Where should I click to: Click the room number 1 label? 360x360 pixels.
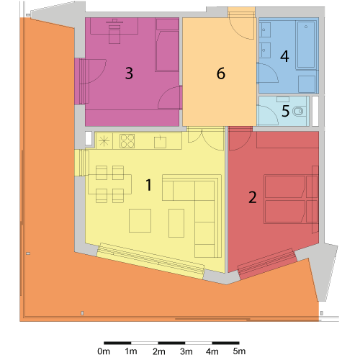click(x=149, y=185)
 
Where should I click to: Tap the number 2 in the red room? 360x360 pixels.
click(x=253, y=197)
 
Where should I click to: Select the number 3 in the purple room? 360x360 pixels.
click(x=129, y=73)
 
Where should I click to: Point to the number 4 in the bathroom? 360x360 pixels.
click(x=284, y=56)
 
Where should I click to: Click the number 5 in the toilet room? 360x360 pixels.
click(x=285, y=111)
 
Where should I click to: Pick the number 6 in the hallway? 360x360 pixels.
click(x=221, y=73)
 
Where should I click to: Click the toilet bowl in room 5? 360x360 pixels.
click(x=298, y=112)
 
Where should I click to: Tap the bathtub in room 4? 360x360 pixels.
click(x=306, y=45)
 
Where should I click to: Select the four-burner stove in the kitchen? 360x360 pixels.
click(x=127, y=141)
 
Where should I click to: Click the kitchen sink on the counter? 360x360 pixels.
click(x=160, y=142)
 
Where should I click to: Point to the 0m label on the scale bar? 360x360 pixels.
click(x=104, y=351)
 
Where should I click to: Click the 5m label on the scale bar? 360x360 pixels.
click(x=239, y=351)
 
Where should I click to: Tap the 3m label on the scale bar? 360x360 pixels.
click(x=186, y=351)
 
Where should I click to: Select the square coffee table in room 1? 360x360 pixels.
click(x=140, y=220)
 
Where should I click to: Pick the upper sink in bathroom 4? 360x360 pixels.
click(x=265, y=30)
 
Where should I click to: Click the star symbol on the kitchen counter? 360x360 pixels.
click(x=104, y=140)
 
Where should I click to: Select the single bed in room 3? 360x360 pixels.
click(x=167, y=45)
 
